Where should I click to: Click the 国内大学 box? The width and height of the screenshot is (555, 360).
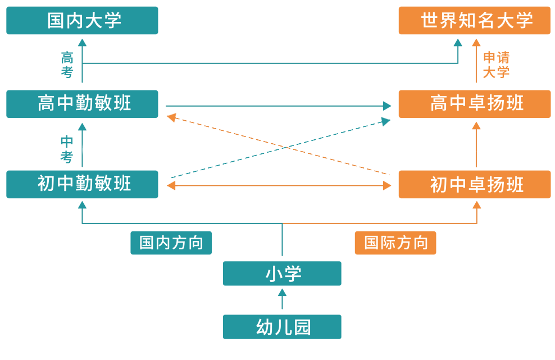(x=82, y=21)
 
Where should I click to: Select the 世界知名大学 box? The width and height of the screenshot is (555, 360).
(x=474, y=21)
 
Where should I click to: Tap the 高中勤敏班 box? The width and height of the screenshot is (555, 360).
(x=82, y=104)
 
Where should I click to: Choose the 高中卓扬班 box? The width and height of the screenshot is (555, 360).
(x=474, y=104)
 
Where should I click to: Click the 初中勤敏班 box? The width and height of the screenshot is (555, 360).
(x=82, y=184)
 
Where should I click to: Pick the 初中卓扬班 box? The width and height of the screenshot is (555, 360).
(x=474, y=184)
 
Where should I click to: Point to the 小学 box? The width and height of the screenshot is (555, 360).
(x=282, y=274)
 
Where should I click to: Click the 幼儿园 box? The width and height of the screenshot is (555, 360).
(x=282, y=327)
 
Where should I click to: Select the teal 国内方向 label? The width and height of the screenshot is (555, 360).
(x=171, y=243)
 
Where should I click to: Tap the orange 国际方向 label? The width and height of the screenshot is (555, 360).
(x=395, y=243)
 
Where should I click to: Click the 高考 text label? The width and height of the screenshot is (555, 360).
(x=67, y=65)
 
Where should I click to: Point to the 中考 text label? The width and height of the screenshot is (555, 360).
(x=67, y=149)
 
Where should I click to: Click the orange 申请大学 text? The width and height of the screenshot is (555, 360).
(x=496, y=65)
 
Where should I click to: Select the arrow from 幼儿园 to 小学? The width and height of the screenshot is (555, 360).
(x=282, y=299)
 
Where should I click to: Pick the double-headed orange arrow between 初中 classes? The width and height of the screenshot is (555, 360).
(x=279, y=185)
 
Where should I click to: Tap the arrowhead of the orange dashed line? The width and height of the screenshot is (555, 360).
(x=170, y=117)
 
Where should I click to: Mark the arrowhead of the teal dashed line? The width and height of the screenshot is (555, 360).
(x=386, y=120)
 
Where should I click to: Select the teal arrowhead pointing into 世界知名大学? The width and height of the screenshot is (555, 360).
(x=458, y=43)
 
